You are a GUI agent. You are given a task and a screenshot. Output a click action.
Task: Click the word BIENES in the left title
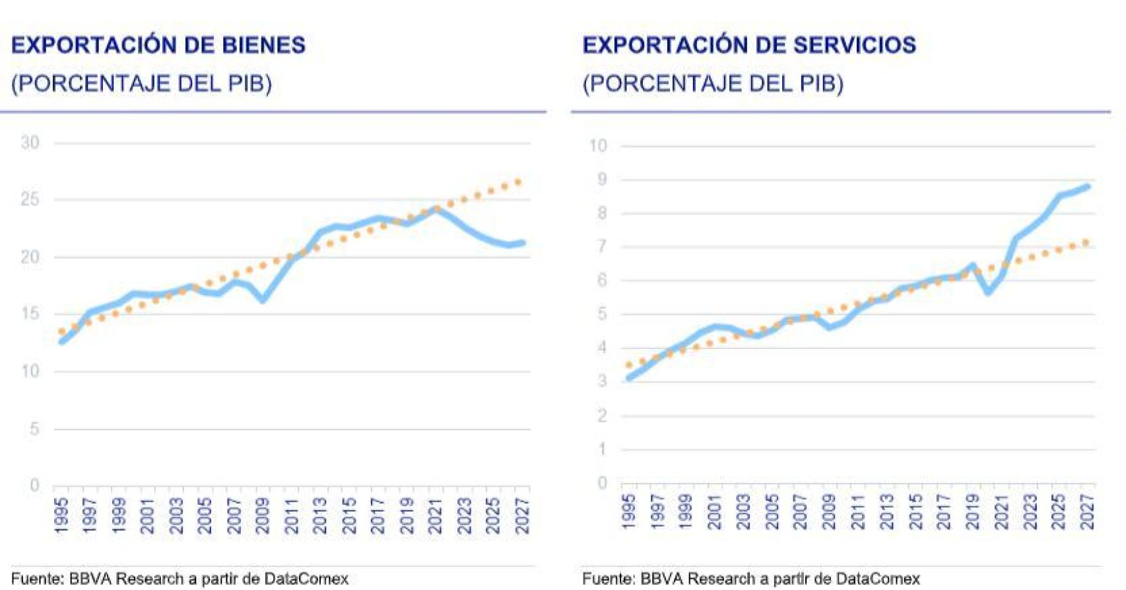point(264,45)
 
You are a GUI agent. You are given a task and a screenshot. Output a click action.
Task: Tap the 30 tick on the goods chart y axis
point(30,143)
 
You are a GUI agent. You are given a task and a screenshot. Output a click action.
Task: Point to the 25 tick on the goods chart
point(30,199)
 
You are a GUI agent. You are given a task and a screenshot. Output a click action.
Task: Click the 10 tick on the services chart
point(598,146)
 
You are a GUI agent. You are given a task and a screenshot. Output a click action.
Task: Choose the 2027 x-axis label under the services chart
point(1087,512)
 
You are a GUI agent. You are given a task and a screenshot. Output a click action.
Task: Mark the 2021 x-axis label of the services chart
point(1001,512)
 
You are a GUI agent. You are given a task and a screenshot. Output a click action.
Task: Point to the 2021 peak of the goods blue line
point(436,209)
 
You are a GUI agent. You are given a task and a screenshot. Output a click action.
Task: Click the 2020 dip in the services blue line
point(988,292)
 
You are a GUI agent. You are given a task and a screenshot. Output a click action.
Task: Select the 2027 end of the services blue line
point(1087,187)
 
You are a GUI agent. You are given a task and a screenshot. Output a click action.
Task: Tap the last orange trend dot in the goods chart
point(519,181)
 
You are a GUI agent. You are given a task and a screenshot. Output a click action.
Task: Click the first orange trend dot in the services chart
point(629,364)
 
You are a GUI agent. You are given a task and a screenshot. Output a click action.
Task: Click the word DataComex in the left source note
point(306,579)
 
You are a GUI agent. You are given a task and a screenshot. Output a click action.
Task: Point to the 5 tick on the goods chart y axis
point(34,429)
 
